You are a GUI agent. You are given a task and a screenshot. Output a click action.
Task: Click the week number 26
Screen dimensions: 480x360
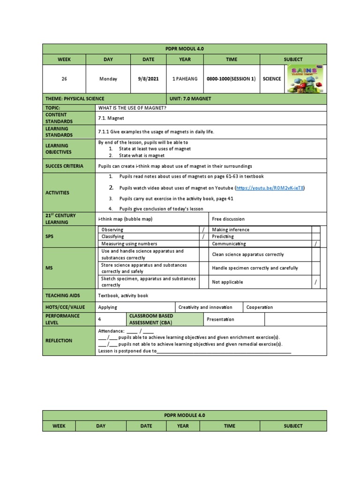click(x=64, y=79)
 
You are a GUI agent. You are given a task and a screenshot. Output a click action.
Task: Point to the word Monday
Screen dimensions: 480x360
click(x=108, y=79)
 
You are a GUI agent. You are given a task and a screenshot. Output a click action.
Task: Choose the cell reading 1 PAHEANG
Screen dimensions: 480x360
click(x=180, y=79)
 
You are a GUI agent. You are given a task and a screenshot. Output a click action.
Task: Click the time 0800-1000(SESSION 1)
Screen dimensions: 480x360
click(x=231, y=79)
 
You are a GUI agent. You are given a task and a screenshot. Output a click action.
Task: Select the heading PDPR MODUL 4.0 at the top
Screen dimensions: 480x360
click(x=184, y=49)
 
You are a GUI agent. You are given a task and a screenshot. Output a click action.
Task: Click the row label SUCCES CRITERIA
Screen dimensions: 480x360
click(x=65, y=166)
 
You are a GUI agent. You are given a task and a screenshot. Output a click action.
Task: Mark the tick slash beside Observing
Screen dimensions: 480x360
click(x=203, y=230)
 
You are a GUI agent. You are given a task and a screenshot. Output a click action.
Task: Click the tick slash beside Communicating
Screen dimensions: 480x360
click(x=315, y=244)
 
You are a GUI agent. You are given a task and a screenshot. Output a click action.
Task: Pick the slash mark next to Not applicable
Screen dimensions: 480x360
click(x=315, y=282)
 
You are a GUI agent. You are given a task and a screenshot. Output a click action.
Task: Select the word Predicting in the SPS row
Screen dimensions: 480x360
click(x=223, y=237)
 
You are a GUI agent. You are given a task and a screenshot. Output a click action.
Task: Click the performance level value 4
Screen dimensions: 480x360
click(x=99, y=319)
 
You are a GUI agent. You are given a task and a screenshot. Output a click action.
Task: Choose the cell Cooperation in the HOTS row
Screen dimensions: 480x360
click(x=260, y=307)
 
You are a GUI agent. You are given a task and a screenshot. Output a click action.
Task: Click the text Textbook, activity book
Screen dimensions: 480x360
click(x=123, y=296)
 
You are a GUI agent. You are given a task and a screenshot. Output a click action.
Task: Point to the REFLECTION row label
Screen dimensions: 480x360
click(x=59, y=341)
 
